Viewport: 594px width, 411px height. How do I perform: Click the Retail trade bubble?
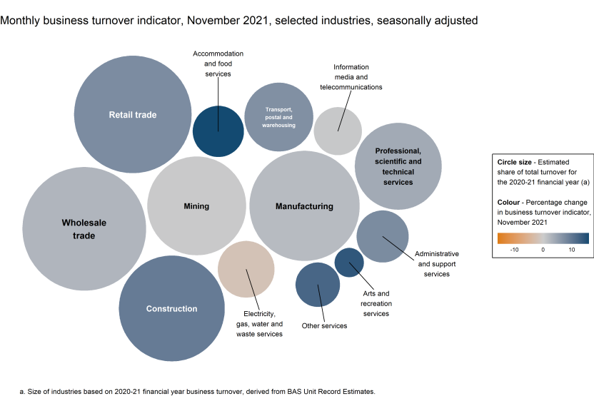coord(133,114)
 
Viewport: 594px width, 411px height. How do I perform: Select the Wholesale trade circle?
coord(84,228)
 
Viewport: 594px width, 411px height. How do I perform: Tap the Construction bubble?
coord(171,308)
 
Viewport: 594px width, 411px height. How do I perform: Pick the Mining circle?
coord(196,206)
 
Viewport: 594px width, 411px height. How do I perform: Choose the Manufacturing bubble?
coord(304,206)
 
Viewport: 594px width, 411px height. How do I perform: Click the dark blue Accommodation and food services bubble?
coord(218,131)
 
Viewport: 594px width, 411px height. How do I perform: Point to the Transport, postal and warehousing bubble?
coord(278,117)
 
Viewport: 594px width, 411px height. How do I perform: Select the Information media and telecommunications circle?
coord(338,131)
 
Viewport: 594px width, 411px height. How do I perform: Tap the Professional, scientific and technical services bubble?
coord(398,166)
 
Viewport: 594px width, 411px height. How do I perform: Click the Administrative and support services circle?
coord(383,236)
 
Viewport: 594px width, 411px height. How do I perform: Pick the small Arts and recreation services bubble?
coord(349,263)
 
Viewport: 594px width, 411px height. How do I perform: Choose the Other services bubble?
coord(318,284)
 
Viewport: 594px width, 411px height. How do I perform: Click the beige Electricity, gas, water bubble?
coord(246,269)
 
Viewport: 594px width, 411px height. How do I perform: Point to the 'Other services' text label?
coord(324,326)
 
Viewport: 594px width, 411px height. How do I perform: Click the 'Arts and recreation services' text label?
coord(376,303)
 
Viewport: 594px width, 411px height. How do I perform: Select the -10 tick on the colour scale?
coord(514,250)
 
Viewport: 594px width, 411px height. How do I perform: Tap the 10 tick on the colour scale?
coord(572,250)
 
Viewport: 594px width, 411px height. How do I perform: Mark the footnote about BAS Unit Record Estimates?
coord(197,391)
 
